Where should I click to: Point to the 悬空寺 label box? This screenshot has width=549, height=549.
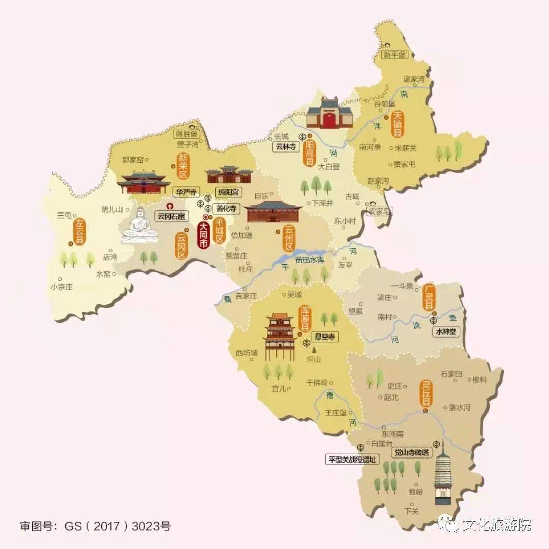(x=324, y=336)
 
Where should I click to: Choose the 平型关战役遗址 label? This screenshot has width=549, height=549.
(x=353, y=459)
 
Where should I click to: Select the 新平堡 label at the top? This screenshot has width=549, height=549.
(x=395, y=54)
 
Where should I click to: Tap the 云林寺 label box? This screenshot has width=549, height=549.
(x=285, y=147)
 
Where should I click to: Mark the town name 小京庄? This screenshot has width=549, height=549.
(x=61, y=287)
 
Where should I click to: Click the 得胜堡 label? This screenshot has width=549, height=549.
(x=186, y=134)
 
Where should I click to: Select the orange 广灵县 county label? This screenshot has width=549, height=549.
(x=429, y=297)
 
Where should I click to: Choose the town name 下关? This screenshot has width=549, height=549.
(x=411, y=511)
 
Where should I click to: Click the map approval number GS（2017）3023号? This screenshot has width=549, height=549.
(x=95, y=526)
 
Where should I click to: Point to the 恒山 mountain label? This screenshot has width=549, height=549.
(x=314, y=359)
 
